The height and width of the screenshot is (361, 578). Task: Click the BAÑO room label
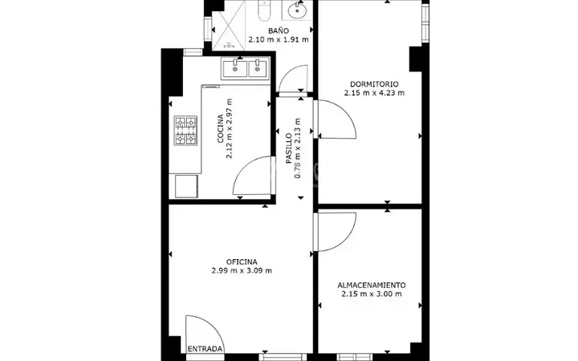(x=279, y=30)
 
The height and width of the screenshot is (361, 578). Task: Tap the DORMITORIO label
(x=374, y=84)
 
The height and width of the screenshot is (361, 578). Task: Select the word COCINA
(x=220, y=128)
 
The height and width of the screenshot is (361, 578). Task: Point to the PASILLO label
(x=289, y=148)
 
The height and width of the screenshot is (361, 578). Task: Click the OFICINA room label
(x=242, y=262)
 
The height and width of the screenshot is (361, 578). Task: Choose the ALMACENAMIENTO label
(x=372, y=285)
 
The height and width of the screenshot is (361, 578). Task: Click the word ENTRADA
(x=206, y=349)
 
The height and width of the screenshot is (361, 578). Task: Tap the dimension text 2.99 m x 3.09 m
(x=242, y=271)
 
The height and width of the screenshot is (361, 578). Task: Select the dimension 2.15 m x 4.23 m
(x=374, y=93)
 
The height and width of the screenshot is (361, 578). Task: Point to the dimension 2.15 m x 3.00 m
(x=372, y=294)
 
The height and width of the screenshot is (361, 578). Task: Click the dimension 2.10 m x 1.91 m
(x=279, y=39)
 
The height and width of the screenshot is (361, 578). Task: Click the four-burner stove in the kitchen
(x=185, y=131)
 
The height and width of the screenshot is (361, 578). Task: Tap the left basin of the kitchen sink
(x=234, y=69)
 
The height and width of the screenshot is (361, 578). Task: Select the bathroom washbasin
(x=297, y=10)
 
